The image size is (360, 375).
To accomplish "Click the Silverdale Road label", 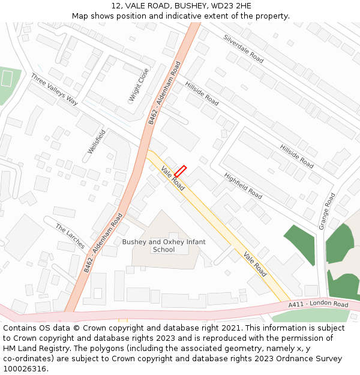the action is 243,49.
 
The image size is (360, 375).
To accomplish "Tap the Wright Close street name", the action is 139,85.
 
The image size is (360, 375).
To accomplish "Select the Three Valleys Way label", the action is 55,89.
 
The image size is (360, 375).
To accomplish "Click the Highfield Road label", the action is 243,186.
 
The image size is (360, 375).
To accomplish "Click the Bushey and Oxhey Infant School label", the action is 164,245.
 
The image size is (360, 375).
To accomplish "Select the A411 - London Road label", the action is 318,305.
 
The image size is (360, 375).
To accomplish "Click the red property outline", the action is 180,171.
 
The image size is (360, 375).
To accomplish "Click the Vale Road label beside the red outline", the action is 172,178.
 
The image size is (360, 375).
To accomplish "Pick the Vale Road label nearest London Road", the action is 255,265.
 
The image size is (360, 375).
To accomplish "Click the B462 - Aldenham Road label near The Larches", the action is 103,242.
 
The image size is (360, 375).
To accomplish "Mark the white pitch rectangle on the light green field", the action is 7,78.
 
